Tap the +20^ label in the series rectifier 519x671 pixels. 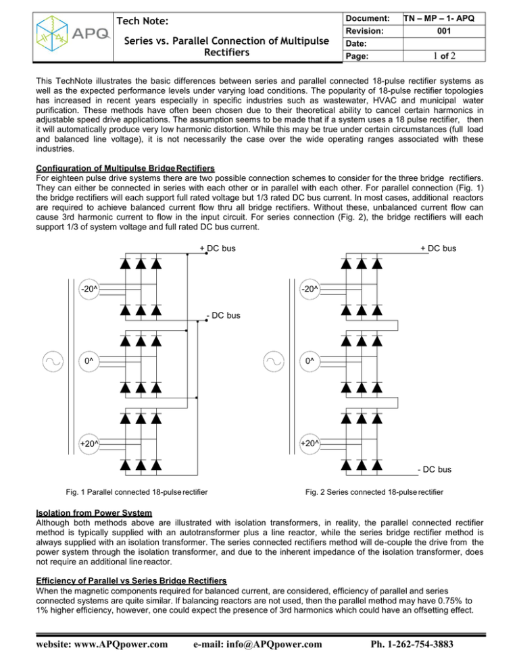pyautogui.click(x=310, y=442)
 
